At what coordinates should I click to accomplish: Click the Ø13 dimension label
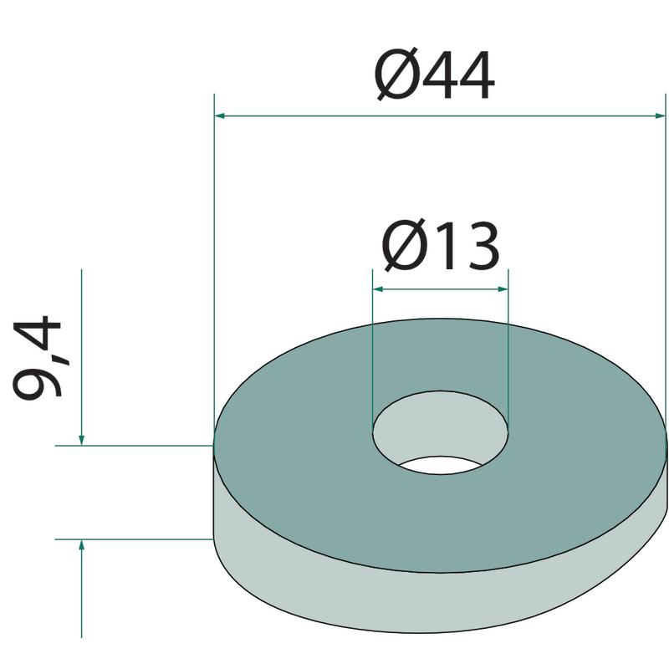[441, 246]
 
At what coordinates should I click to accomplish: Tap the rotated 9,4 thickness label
[38, 358]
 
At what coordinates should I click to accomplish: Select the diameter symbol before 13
[404, 246]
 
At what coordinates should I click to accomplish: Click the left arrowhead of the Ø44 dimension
[219, 115]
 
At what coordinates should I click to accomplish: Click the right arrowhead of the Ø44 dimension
[660, 115]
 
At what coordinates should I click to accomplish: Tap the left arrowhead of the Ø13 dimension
[378, 289]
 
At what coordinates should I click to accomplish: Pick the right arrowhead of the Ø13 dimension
[503, 289]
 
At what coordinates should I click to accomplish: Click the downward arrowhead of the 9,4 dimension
[81, 440]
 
